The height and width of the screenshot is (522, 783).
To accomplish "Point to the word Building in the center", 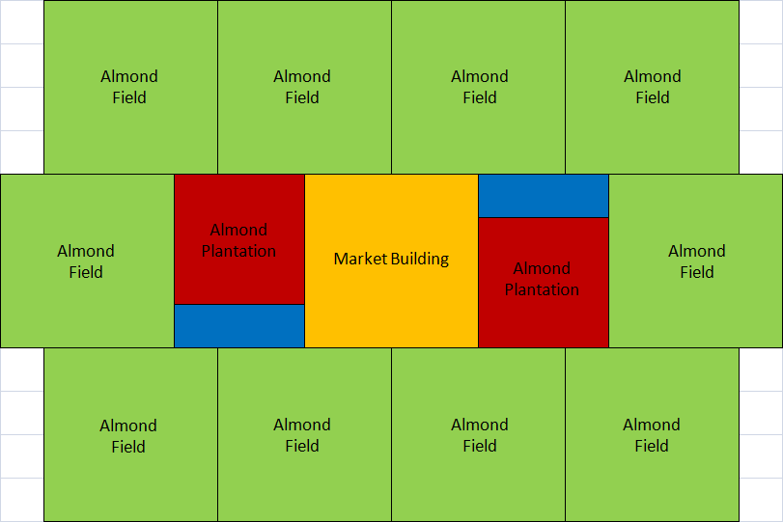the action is click(420, 259).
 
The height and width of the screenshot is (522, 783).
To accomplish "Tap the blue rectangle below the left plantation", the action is click(239, 325).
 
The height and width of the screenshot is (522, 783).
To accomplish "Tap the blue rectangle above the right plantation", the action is click(543, 196).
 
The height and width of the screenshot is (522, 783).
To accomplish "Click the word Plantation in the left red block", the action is click(239, 251).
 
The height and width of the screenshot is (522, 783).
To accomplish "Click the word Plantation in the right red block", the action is click(543, 289).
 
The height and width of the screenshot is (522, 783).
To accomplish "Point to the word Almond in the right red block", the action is click(543, 268).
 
